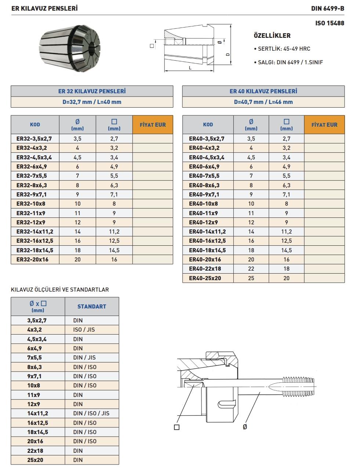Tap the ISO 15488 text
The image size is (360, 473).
330,23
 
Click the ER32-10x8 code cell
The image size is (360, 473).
31,204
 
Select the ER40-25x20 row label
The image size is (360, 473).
205,278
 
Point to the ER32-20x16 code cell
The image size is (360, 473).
32,260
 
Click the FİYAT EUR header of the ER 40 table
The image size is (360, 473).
324,125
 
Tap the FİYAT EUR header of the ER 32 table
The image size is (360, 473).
153,125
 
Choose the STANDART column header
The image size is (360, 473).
92,307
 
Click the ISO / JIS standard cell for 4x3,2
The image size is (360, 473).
84,330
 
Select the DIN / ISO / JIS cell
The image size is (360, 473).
91,414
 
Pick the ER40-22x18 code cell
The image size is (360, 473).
205,269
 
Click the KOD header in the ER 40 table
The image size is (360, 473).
208,125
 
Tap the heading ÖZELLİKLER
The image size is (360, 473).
272,36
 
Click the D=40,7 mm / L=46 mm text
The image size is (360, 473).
263,102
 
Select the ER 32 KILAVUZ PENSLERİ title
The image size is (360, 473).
92,91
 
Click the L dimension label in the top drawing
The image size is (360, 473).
190,68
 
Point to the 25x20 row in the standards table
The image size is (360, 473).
35,460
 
